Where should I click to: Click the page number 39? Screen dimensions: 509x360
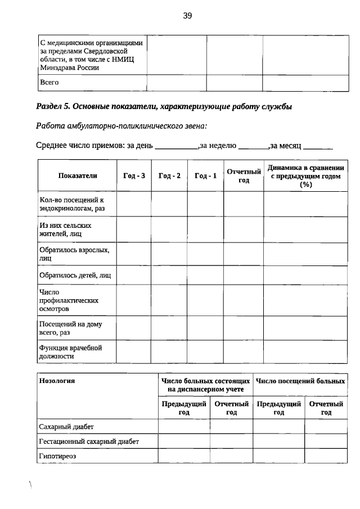click(x=187, y=16)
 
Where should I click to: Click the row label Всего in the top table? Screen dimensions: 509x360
click(x=49, y=83)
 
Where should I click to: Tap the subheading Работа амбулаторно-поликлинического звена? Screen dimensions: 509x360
click(x=124, y=125)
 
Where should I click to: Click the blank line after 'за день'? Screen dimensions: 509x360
click(x=176, y=147)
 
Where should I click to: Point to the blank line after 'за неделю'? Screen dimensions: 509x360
click(x=253, y=147)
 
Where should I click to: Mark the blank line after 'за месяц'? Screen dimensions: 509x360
click(x=318, y=147)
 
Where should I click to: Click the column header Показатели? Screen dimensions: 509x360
click(x=78, y=175)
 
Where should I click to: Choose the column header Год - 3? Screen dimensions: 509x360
click(x=134, y=175)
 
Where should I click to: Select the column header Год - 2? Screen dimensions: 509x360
click(x=169, y=175)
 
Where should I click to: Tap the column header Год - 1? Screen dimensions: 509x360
click(x=205, y=175)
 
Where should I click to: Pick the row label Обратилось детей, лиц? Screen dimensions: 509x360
click(x=75, y=276)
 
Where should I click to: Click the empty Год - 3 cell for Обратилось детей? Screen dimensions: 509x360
click(x=134, y=276)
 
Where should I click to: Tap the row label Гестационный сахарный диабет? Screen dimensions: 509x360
click(x=89, y=442)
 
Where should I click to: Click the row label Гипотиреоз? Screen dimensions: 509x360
click(x=57, y=456)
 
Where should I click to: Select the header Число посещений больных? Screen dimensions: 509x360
click(x=300, y=381)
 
